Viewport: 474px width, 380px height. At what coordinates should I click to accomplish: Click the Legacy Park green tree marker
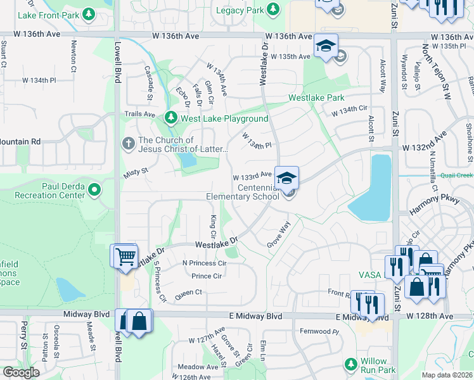[x=273, y=9]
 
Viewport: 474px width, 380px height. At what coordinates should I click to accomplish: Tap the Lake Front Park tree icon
[x=89, y=13]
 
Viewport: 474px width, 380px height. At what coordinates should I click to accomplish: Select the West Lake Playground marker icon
[x=170, y=118]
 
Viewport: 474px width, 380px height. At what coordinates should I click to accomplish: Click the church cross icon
[x=128, y=144]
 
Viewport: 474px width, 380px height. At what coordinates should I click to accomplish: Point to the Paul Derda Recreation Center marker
[x=94, y=189]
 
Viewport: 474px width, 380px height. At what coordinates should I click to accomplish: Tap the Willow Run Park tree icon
[x=350, y=364]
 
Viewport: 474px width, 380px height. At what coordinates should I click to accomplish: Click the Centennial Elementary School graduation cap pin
[x=286, y=178]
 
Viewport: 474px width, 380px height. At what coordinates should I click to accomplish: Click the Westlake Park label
[x=316, y=98]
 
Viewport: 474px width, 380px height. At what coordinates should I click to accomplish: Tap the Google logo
[x=22, y=372]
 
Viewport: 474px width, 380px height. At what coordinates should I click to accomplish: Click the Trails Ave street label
[x=139, y=114]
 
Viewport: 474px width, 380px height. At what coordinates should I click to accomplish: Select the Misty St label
[x=135, y=171]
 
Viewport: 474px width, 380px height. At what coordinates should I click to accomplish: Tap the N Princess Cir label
[x=204, y=263]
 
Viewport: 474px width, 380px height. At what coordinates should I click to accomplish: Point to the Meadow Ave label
[x=198, y=367]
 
